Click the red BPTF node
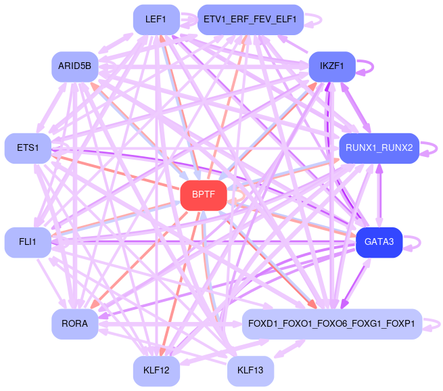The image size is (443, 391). pyautogui.click(x=203, y=195)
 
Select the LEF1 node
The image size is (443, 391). pyautogui.click(x=156, y=19)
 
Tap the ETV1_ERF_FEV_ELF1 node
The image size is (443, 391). pyautogui.click(x=250, y=19)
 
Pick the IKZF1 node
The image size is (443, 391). pyautogui.click(x=331, y=66)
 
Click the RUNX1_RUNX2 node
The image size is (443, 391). pyautogui.click(x=379, y=147)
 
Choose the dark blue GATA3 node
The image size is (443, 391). pyautogui.click(x=379, y=242)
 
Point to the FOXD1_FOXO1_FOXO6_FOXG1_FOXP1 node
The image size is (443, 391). pyautogui.click(x=331, y=323)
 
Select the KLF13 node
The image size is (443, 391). pyautogui.click(x=250, y=371)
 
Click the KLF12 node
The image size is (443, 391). pyautogui.click(x=156, y=371)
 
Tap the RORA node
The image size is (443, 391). pyautogui.click(x=74, y=323)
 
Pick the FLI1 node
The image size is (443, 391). pyautogui.click(x=27, y=242)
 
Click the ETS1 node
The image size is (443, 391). pyautogui.click(x=27, y=147)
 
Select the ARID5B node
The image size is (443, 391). pyautogui.click(x=74, y=66)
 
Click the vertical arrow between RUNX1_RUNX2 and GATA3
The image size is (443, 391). pyautogui.click(x=379, y=195)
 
